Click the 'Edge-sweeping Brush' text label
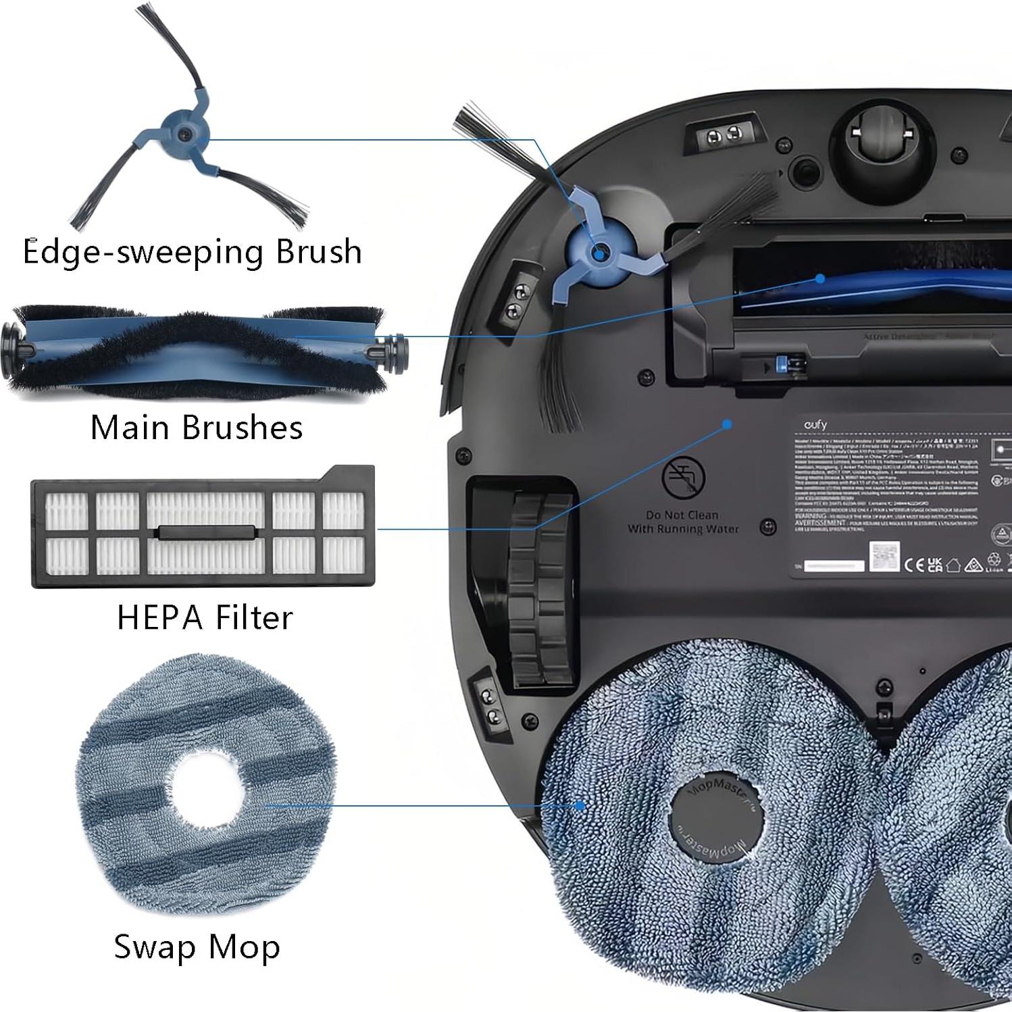click(192, 252)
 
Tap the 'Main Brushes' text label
click(196, 428)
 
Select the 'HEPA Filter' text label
click(205, 617)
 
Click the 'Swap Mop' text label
click(197, 946)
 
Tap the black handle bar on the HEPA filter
click(206, 532)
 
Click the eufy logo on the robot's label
click(815, 425)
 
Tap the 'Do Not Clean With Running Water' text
click(683, 522)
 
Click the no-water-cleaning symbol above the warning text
click(683, 477)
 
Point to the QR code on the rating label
click(884, 557)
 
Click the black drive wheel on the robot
click(538, 588)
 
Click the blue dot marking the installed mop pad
click(580, 805)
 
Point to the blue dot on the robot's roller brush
click(819, 278)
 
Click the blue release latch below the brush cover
click(784, 364)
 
